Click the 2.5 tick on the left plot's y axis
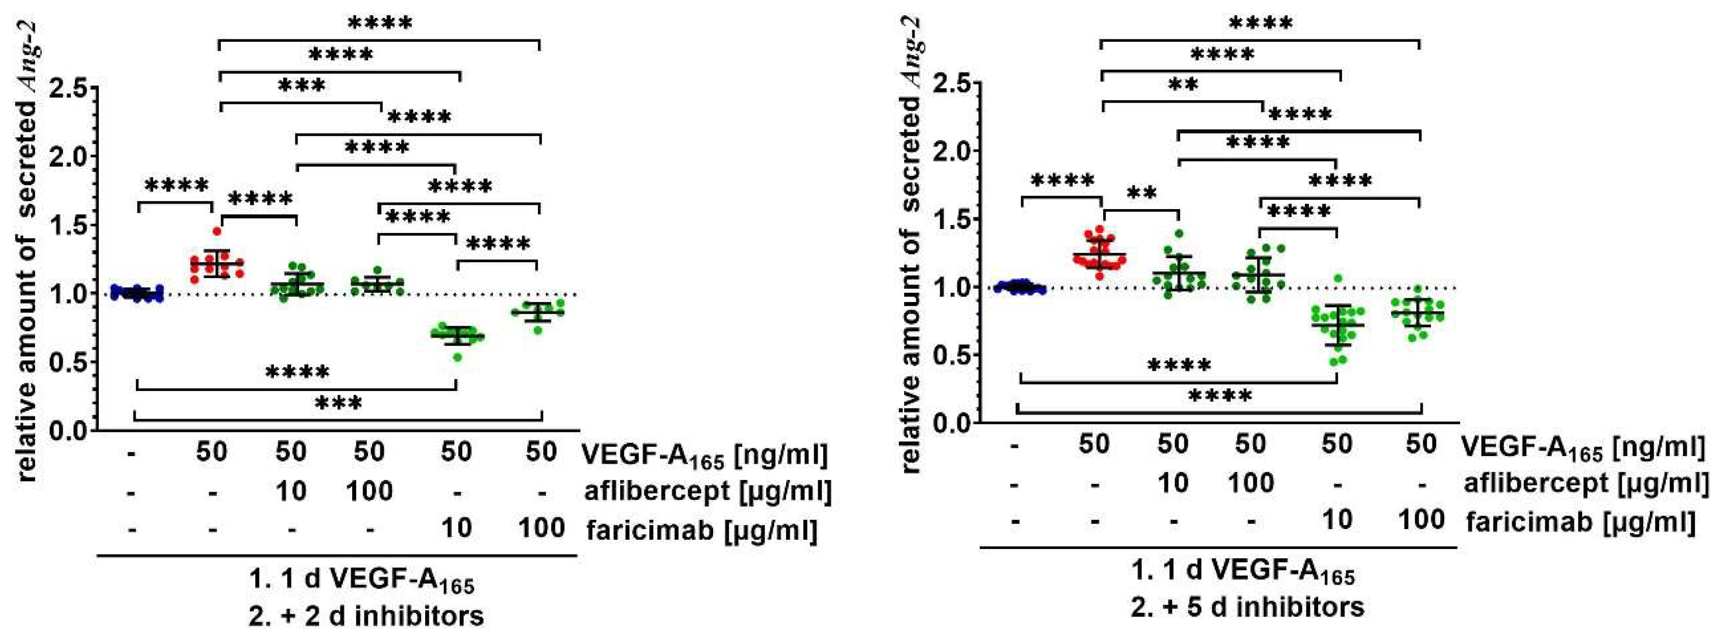70,88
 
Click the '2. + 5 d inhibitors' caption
1247,607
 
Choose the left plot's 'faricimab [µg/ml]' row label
701,531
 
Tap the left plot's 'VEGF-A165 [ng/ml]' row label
705,455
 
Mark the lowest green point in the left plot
458,358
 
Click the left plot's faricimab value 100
541,529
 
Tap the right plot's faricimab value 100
1422,519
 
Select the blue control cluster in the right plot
1019,287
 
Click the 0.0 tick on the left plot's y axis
70,431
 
